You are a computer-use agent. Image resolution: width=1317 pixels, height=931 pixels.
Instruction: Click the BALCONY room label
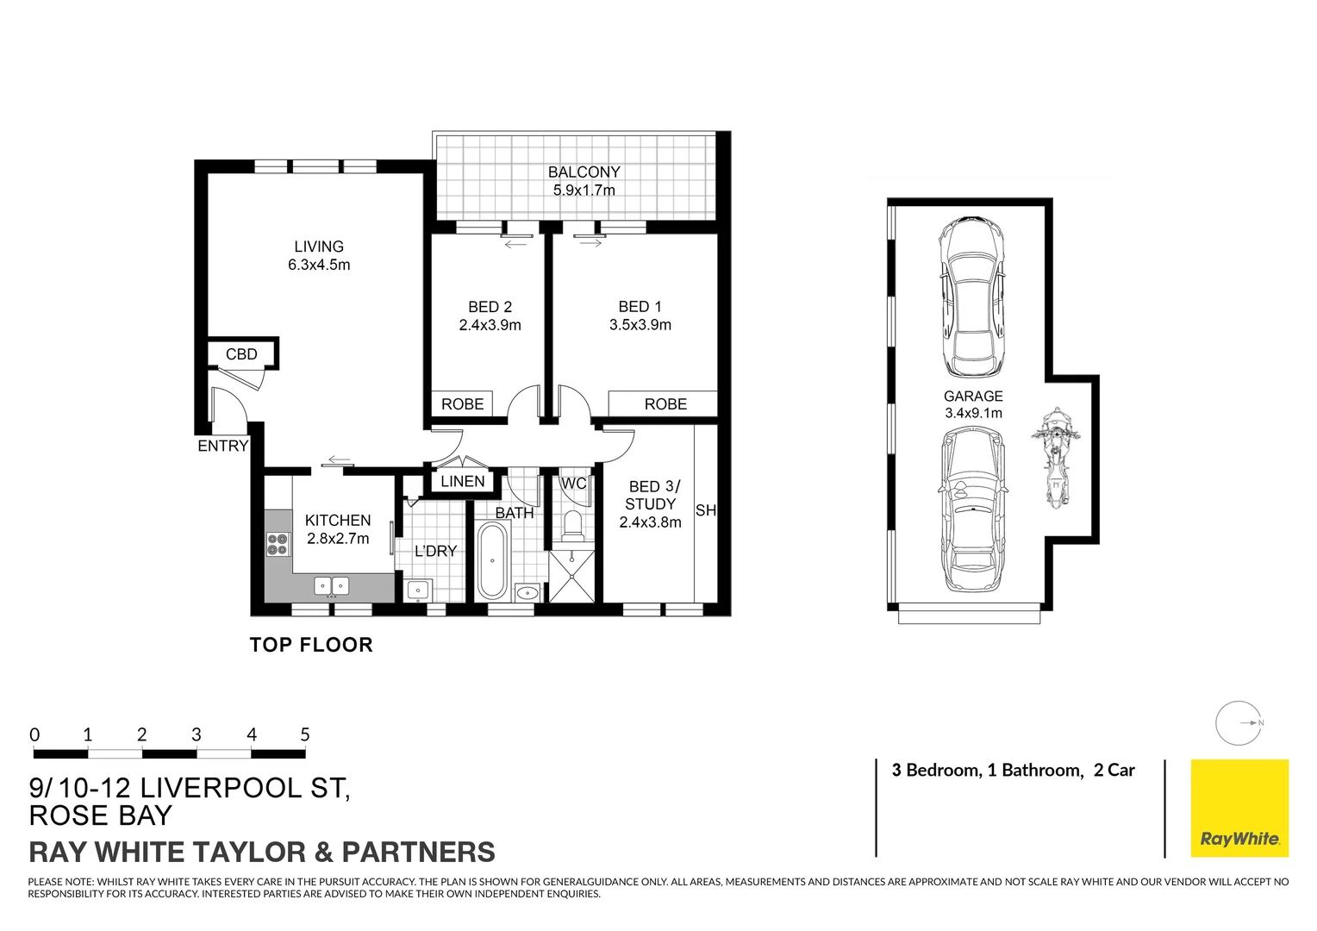coord(584,172)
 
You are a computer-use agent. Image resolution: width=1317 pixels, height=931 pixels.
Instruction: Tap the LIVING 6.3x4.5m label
coord(319,256)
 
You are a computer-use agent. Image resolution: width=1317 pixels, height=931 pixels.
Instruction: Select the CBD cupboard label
coord(241,354)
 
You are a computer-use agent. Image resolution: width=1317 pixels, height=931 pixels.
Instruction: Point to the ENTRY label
coord(222,446)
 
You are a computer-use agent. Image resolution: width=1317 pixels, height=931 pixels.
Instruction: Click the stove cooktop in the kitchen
coord(278,544)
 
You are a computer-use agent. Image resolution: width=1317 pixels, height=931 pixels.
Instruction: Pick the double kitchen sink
coord(332,586)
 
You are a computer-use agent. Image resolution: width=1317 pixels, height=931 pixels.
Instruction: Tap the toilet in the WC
coord(572,526)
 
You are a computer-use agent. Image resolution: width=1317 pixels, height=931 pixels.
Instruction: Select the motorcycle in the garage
coord(1054,458)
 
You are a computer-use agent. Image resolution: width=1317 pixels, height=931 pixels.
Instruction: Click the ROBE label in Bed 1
coord(665,404)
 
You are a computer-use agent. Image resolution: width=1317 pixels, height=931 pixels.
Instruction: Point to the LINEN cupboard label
coord(463,481)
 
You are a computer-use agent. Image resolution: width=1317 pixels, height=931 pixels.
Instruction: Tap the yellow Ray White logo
coord(1239,808)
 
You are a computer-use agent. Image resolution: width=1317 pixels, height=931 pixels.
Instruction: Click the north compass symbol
coord(1239,723)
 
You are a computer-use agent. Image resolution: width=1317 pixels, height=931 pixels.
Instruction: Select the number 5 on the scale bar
coord(304,735)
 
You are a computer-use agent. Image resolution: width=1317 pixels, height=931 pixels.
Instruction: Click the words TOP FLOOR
coord(311,645)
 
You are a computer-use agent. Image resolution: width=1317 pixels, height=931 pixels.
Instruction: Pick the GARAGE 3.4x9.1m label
coord(973,404)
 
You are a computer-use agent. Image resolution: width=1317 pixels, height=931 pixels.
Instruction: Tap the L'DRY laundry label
coord(435,552)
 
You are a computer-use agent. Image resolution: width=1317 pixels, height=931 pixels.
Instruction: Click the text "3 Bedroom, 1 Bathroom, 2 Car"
coord(1013,771)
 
